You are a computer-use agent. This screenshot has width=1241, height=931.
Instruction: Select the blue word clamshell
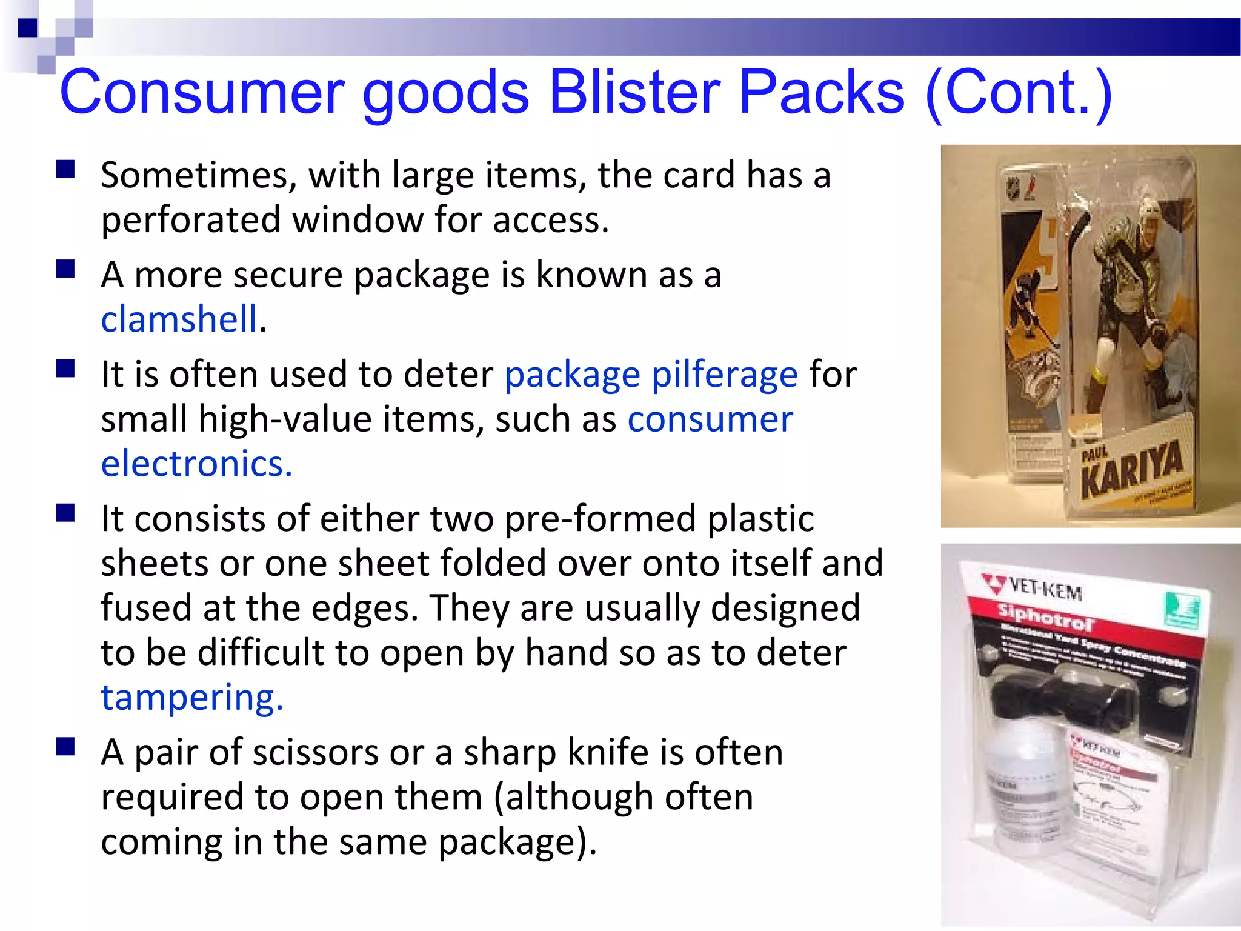pyautogui.click(x=179, y=319)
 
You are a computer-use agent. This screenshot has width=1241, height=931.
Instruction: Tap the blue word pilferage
pyautogui.click(x=725, y=375)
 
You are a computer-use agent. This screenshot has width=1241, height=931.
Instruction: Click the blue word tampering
pyautogui.click(x=191, y=698)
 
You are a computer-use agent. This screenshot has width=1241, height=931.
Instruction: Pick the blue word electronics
pyautogui.click(x=196, y=464)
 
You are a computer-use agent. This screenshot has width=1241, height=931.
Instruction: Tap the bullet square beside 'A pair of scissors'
pyautogui.click(x=65, y=747)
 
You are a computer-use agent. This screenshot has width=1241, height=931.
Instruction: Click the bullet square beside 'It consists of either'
pyautogui.click(x=65, y=513)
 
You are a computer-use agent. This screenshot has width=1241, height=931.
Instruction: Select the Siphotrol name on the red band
pyautogui.click(x=1045, y=618)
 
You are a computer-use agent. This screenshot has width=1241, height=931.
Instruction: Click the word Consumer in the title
pyautogui.click(x=202, y=92)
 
